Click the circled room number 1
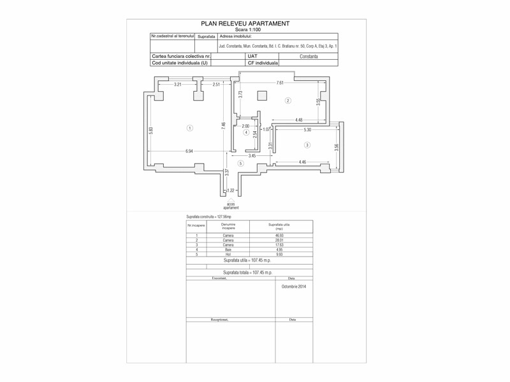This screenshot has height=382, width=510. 189,129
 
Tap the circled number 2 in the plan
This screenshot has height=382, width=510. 288,101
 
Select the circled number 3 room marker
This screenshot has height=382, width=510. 307,145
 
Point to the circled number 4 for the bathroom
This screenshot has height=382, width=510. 246,132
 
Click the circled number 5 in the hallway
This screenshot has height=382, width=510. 240,164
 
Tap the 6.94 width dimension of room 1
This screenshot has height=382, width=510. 190,151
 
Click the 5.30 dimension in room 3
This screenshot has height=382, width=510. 307,130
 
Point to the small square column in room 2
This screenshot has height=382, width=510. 261,96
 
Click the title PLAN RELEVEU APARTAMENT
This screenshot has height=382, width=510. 245,24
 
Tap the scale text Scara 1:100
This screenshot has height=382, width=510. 245,29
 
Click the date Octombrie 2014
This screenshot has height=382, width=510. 295,287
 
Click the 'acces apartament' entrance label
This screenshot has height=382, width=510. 231,206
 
